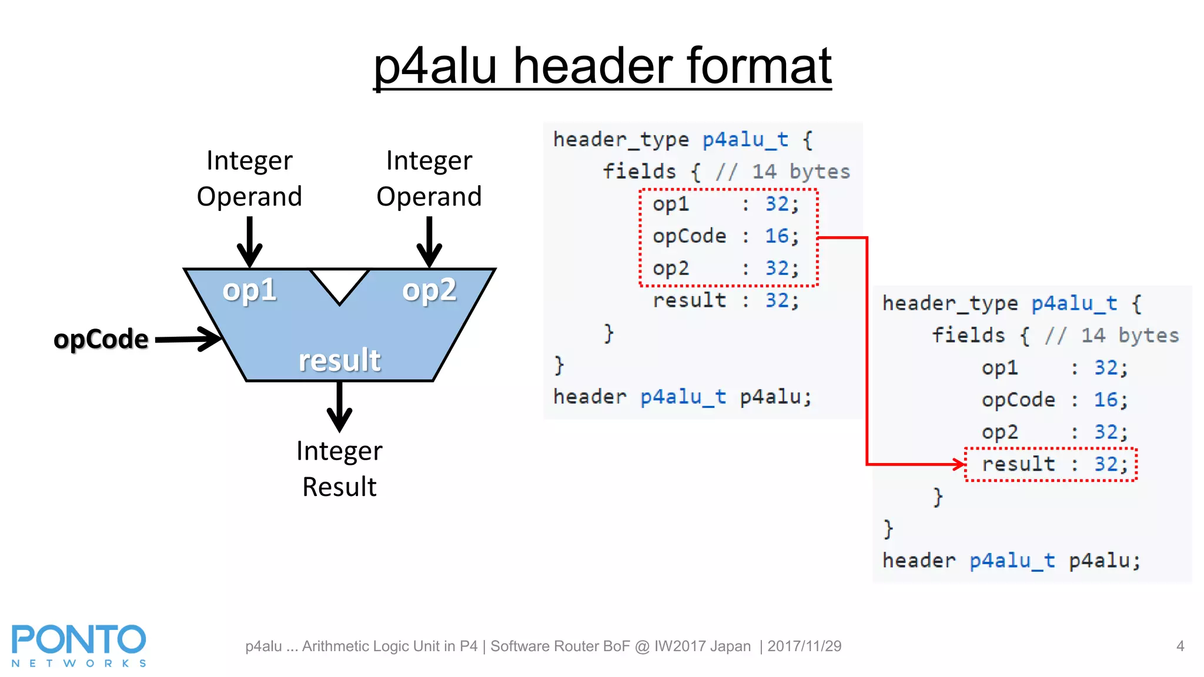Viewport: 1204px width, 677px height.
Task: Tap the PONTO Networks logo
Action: [x=79, y=645]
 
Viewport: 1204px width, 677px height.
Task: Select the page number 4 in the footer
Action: [x=1180, y=646]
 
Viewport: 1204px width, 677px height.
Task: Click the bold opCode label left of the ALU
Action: [x=101, y=339]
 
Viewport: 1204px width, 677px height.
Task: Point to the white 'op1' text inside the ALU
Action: [x=249, y=290]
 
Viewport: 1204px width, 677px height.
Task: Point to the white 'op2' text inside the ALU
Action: [x=429, y=290]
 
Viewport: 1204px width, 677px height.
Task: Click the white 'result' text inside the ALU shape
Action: [x=339, y=360]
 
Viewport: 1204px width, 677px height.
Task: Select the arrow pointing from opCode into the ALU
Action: [x=188, y=339]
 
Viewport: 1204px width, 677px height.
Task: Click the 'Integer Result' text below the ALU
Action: [x=339, y=468]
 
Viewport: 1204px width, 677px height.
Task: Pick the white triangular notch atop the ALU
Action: [x=339, y=283]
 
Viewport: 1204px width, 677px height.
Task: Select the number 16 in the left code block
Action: [x=777, y=236]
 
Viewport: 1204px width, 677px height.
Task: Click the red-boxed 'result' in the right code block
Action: [x=1018, y=464]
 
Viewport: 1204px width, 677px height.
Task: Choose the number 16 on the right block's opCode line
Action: [x=1105, y=400]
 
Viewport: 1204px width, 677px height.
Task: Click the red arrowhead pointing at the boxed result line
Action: [x=959, y=464]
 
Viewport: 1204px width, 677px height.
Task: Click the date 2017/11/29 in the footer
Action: [x=804, y=646]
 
